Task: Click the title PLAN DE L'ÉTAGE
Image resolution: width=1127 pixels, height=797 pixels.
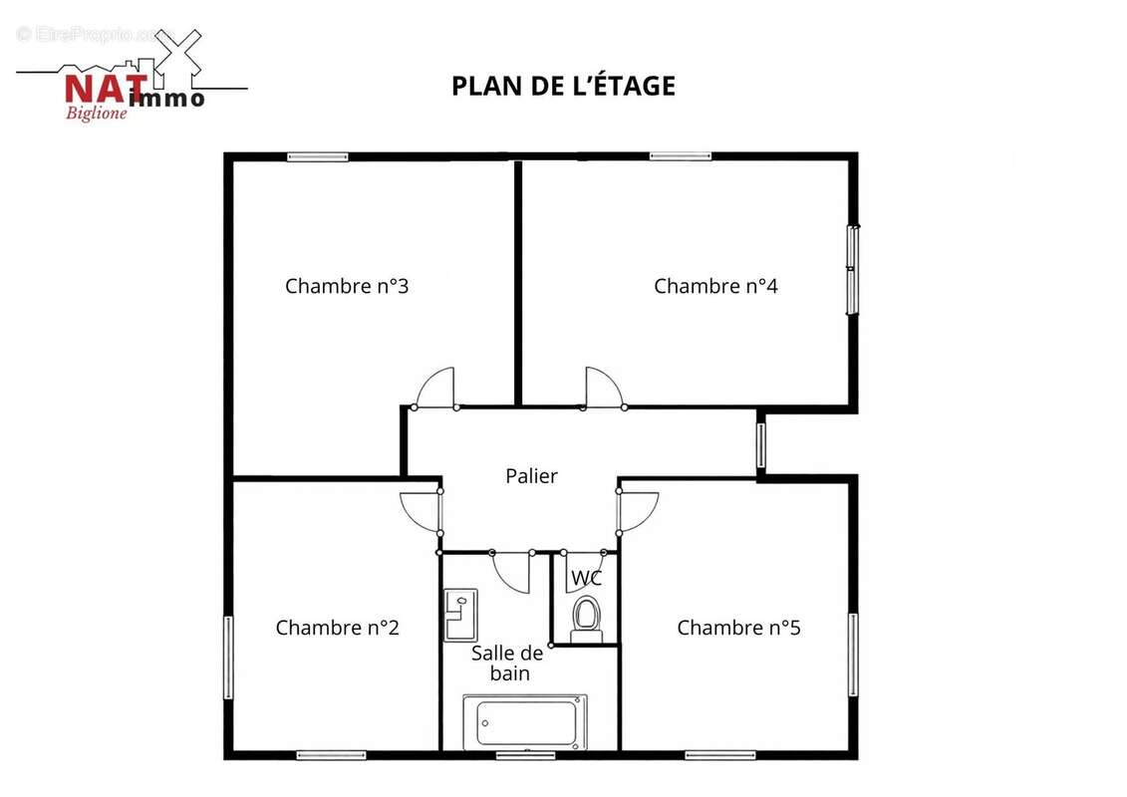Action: click(563, 86)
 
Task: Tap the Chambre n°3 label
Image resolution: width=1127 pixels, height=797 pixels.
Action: click(347, 286)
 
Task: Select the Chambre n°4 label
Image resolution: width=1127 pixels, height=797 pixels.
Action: click(715, 286)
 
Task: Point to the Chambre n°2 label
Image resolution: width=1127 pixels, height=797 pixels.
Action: click(337, 628)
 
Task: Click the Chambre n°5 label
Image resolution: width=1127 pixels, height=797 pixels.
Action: click(738, 628)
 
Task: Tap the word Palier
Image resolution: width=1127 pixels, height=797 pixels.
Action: click(531, 476)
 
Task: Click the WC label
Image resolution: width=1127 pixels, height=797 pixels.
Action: click(586, 578)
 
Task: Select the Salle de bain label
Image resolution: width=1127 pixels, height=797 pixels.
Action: click(507, 663)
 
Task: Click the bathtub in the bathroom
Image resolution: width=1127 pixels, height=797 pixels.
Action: click(525, 722)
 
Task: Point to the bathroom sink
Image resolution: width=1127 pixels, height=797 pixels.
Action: click(460, 614)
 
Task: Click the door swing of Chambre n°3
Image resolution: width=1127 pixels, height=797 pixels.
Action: click(436, 390)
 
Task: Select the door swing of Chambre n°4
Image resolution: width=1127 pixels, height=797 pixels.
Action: click(602, 390)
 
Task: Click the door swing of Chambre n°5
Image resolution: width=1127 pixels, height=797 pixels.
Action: click(636, 512)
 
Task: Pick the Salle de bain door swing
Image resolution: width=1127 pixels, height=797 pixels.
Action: click(511, 571)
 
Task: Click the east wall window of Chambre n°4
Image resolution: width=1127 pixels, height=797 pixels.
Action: click(853, 270)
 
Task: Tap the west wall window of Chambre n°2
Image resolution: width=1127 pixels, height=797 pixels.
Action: click(228, 658)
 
